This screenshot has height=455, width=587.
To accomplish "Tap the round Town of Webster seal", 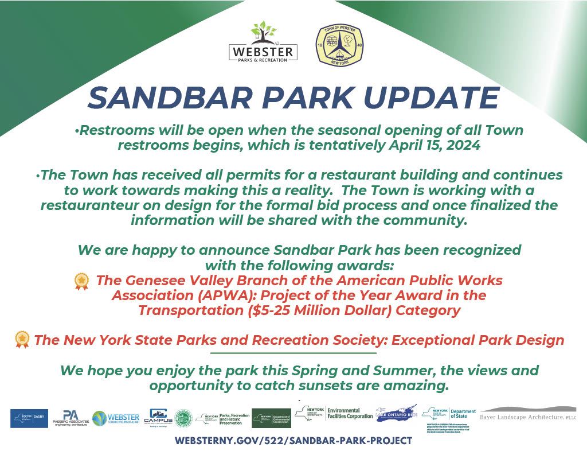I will coord(340,45).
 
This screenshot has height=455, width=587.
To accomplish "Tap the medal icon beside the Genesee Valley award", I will coord(82,281).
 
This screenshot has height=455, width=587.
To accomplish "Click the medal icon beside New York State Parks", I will coord(22,340).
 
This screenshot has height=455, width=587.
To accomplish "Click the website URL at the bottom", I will coord(293,441).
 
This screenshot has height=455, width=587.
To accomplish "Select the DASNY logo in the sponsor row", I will coord(29,418).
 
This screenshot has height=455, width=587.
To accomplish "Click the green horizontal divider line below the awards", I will coord(293,353).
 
